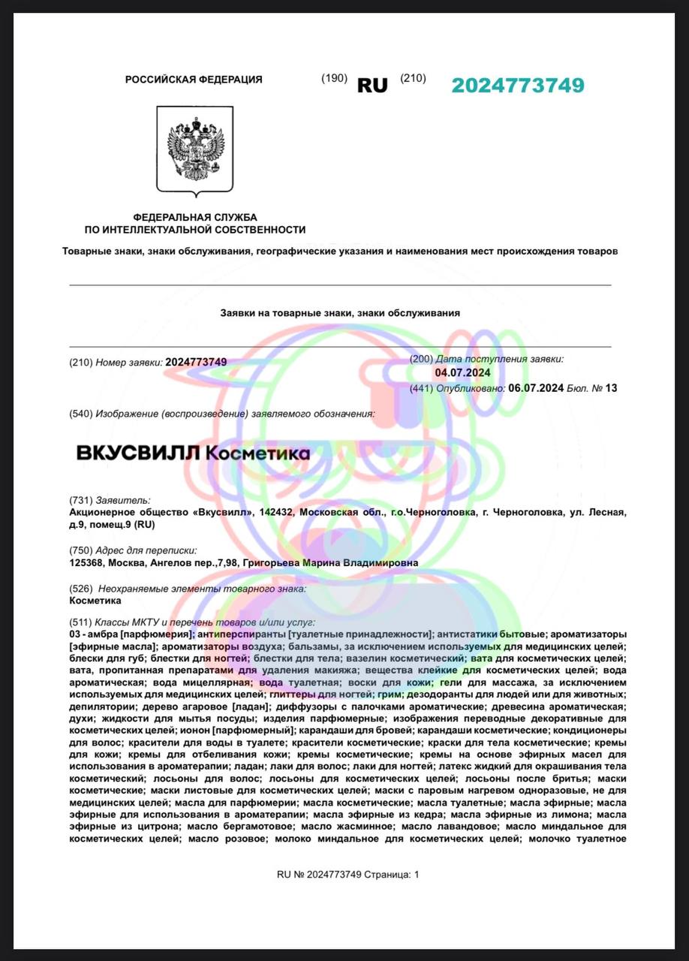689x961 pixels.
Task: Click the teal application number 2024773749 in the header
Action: tap(518, 85)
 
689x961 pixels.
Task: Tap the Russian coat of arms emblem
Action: tap(194, 149)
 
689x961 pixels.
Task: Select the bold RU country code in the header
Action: tap(372, 86)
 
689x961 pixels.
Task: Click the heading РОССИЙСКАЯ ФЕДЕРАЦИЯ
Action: tap(194, 80)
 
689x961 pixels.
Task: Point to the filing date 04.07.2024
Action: tap(462, 372)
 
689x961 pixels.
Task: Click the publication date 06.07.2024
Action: tap(536, 388)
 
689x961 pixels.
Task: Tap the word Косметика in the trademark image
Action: tap(257, 453)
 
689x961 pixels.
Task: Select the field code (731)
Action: tap(80, 500)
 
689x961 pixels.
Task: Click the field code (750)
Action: tap(80, 550)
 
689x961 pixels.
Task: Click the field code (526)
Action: tap(80, 589)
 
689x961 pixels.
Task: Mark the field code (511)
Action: tap(80, 622)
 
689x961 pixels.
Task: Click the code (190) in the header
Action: tap(334, 78)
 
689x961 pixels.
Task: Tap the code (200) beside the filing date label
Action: tap(421, 360)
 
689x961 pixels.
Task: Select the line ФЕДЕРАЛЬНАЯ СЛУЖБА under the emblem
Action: tap(194, 216)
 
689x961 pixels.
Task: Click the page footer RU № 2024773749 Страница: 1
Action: tap(348, 874)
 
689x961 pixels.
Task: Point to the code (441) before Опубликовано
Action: tap(421, 388)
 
